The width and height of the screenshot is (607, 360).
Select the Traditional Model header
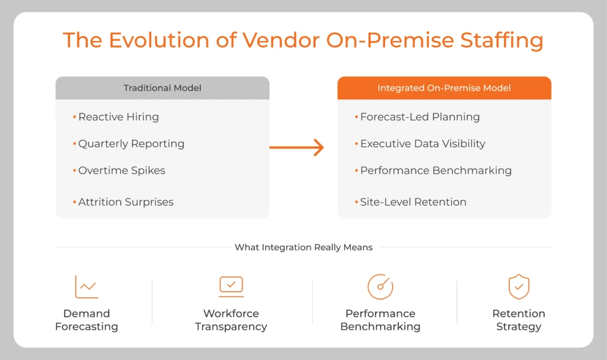point(162,88)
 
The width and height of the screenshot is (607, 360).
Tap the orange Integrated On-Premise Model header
point(444,88)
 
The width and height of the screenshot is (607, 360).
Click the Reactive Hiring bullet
point(119,117)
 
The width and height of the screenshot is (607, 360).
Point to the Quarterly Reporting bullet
point(131,144)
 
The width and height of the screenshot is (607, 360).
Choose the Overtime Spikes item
point(122,170)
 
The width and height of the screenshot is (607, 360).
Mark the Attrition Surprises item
point(126,202)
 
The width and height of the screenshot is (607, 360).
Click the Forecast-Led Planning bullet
point(420,117)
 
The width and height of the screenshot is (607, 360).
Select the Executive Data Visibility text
point(423,144)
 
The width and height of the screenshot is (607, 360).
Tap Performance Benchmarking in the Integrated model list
point(436,170)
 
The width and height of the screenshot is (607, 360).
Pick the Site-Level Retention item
point(413,202)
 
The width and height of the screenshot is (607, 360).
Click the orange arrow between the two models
point(297,148)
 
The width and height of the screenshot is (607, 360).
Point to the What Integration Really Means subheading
point(303,247)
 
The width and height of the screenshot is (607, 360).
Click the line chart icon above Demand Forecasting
point(87,286)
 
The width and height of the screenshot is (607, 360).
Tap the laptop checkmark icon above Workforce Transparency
point(231,286)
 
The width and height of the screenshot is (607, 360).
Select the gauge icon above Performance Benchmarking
point(380,286)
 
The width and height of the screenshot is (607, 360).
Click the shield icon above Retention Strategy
point(519,286)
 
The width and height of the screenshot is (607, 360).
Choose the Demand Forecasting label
point(87,320)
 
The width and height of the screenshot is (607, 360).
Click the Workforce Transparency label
point(231,320)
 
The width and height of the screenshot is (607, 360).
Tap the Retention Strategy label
point(519,320)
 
